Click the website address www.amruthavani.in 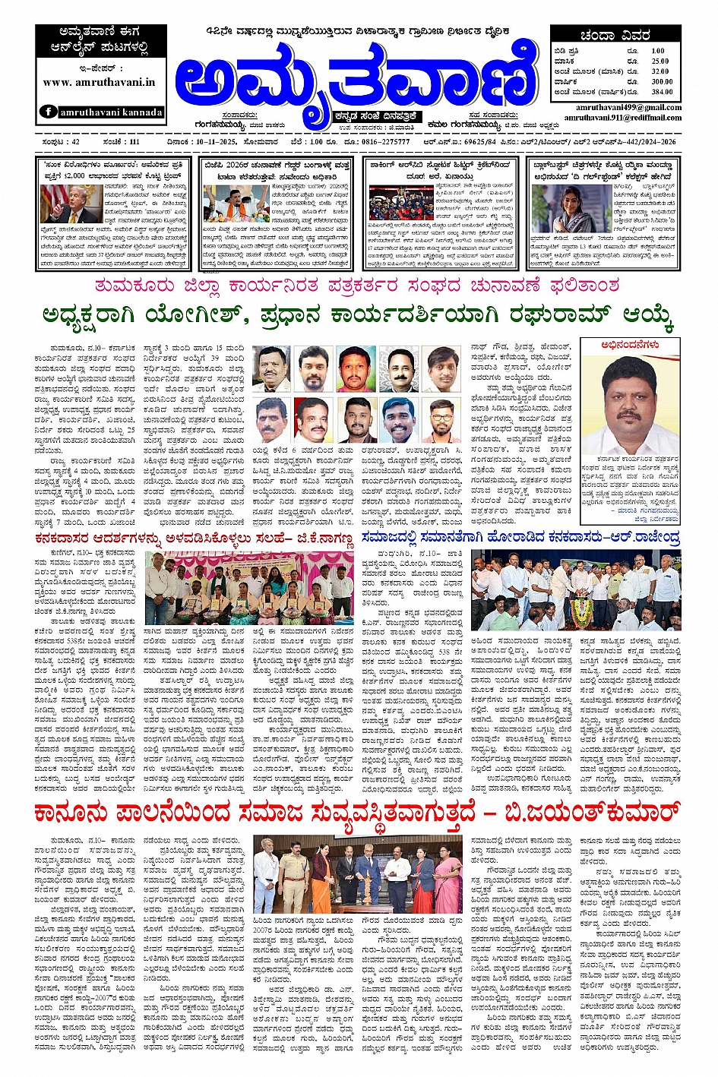pos(100,82)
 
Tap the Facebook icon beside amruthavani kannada pos(47,112)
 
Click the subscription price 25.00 pos(659,62)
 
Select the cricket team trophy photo pos(391,204)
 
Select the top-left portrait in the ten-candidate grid pos(271,368)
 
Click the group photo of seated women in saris pos(248,588)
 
